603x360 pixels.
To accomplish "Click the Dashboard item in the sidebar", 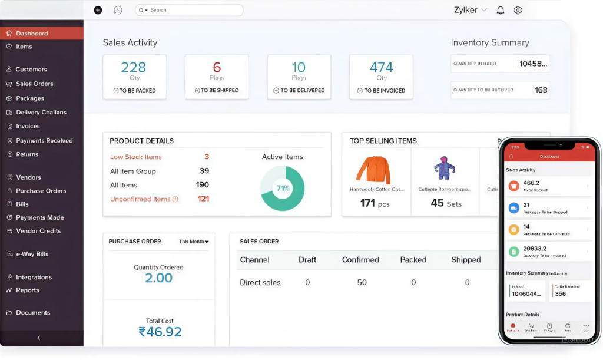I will coord(32,34).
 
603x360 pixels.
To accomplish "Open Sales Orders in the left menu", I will coord(34,84).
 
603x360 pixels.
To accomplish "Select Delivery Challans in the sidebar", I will coord(41,112).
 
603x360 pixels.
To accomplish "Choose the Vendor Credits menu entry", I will coord(38,231).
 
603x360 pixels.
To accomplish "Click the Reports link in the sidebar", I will coord(27,290).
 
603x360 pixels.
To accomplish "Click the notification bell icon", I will coord(501,10).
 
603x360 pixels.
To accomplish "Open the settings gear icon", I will coord(518,10).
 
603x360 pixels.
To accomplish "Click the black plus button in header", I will coord(98,10).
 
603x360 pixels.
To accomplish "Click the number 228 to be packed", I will coord(134,67).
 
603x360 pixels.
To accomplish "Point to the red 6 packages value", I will coord(217,67).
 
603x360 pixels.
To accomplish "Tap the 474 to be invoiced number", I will coord(381,67).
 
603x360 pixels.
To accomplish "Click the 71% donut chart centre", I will coord(282,189).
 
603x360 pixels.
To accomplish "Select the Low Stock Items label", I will coord(135,157).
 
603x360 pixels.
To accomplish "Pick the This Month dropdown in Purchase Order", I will coord(194,242).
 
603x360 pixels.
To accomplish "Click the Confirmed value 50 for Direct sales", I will coord(362,283).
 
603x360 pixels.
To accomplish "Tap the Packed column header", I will coord(413,260).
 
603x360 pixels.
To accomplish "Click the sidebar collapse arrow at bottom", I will coord(38,338).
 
